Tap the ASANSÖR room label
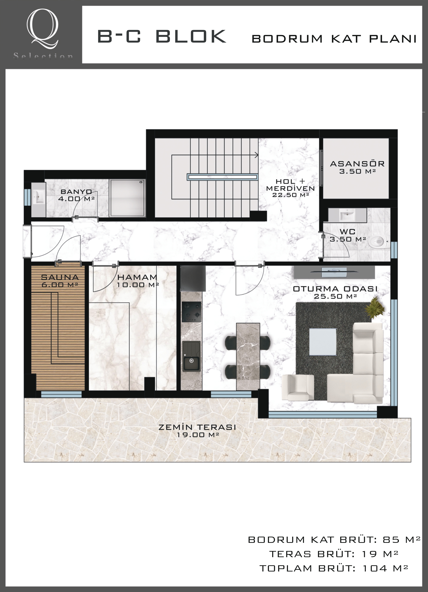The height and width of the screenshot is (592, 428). click(357, 164)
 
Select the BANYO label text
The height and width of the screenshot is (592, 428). click(76, 192)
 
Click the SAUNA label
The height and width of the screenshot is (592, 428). click(60, 277)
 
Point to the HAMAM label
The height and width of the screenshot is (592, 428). click(137, 277)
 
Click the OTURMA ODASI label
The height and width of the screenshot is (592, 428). click(335, 289)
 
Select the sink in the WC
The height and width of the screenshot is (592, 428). click(347, 215)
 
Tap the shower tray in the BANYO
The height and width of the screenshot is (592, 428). click(127, 198)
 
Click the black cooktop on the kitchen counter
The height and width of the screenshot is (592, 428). click(192, 312)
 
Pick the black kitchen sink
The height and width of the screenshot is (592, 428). click(191, 356)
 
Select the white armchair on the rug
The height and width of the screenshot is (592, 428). click(298, 387)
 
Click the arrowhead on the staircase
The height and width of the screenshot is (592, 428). click(256, 155)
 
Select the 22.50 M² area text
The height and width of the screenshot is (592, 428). click(291, 195)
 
